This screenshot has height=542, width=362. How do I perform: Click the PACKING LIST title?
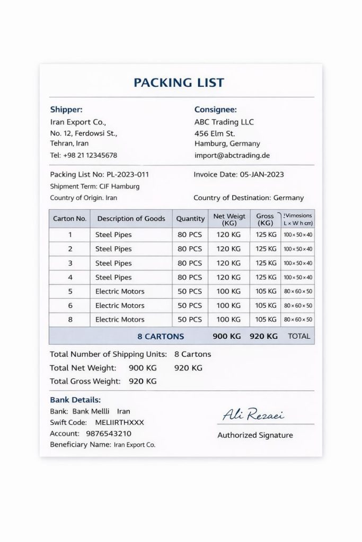pos(179,83)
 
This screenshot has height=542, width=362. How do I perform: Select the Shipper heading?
pos(66,110)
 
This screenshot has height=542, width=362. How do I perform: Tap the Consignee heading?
pos(215,110)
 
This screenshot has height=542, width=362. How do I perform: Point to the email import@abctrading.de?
pos(232,155)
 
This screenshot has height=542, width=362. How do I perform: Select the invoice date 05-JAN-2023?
pos(262,174)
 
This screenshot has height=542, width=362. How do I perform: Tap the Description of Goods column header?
pos(131,218)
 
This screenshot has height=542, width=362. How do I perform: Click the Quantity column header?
pos(190,218)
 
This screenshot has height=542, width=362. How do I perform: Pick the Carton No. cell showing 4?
pos(70,277)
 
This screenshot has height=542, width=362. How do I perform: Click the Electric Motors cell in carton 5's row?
pos(120,291)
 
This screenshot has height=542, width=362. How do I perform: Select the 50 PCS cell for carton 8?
pos(190,319)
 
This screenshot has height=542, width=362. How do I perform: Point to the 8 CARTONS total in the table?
pos(161,336)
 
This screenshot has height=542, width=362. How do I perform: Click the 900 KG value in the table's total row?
pos(226,336)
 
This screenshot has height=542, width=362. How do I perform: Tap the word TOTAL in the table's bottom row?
pos(299,336)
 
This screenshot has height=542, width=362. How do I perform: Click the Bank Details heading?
pos(75,400)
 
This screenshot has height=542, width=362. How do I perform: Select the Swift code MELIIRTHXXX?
pos(119,422)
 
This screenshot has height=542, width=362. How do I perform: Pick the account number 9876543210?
pos(109,433)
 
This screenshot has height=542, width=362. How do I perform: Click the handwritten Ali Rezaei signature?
pos(253,415)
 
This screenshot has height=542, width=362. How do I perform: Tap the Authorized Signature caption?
pos(255,435)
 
